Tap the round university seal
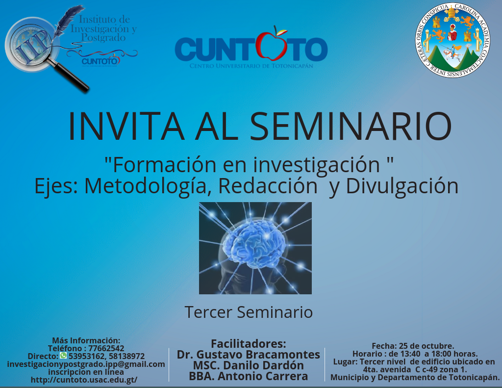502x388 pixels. pos(452,40)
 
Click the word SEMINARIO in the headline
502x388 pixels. pos(351,126)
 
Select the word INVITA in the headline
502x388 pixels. pos(126,126)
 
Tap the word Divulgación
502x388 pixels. pos(402,186)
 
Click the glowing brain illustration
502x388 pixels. pos(255,248)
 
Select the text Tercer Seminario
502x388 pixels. pos(249,312)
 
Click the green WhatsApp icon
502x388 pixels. pos(63,355)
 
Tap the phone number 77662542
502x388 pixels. pos(106,348)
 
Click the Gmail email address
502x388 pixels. pos(86,364)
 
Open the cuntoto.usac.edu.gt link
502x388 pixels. pos(84,380)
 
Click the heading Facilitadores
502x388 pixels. pos(249,344)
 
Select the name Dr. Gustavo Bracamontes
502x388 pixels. pos(249,355)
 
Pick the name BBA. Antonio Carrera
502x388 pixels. pos(249,376)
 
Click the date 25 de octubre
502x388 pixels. pos(427,346)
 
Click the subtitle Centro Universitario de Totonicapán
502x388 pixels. pos(251,66)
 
